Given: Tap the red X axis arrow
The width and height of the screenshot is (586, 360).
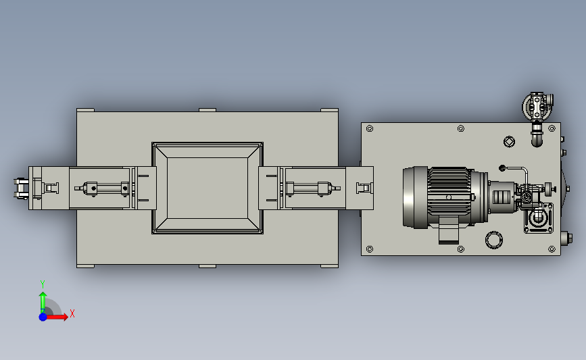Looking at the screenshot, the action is pyautogui.click(x=56, y=317).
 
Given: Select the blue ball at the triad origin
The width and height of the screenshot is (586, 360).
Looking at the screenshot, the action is pyautogui.click(x=43, y=317).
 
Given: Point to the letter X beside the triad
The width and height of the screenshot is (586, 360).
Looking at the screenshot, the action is pyautogui.click(x=72, y=313).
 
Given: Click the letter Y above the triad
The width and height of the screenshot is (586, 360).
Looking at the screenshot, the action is pyautogui.click(x=42, y=284).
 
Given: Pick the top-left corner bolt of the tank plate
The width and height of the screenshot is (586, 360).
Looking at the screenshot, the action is pyautogui.click(x=370, y=129).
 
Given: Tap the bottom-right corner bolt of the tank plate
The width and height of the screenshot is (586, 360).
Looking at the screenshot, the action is pyautogui.click(x=552, y=249).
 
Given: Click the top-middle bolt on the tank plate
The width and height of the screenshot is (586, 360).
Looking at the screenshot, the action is pyautogui.click(x=461, y=129).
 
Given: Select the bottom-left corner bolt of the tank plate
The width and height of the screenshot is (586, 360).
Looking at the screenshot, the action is pyautogui.click(x=370, y=249).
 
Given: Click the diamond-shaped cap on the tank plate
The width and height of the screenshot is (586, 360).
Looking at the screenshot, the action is pyautogui.click(x=509, y=142).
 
